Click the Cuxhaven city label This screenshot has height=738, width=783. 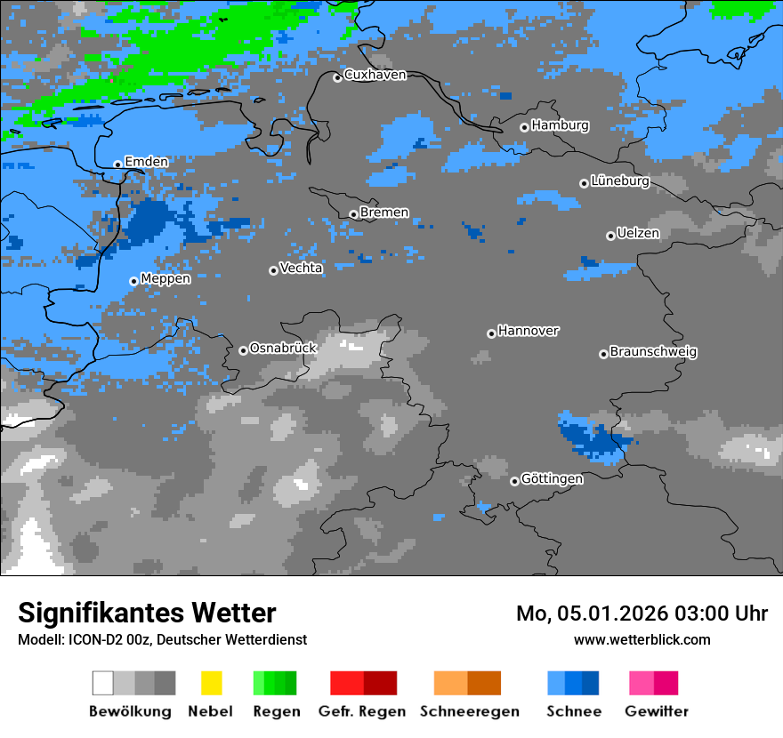[x=375, y=75]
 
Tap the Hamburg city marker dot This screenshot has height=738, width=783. [x=524, y=127]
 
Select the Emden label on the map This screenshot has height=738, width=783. [x=146, y=162]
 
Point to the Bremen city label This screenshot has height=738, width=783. [x=384, y=213]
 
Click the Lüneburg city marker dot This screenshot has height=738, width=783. [x=584, y=183]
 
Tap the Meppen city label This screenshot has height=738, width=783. [x=165, y=279]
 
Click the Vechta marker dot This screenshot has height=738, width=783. [x=273, y=270]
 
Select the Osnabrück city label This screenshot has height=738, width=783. [x=283, y=349]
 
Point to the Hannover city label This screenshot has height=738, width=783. [x=529, y=331]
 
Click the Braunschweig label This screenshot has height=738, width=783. [x=653, y=352]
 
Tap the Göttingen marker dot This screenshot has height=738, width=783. [x=514, y=481]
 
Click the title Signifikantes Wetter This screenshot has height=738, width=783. [x=147, y=613]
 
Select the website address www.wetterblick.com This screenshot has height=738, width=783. [x=642, y=639]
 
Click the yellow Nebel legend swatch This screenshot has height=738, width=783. [x=211, y=683]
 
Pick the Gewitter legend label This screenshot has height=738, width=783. [x=656, y=711]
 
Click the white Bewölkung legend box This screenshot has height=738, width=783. [x=103, y=683]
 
